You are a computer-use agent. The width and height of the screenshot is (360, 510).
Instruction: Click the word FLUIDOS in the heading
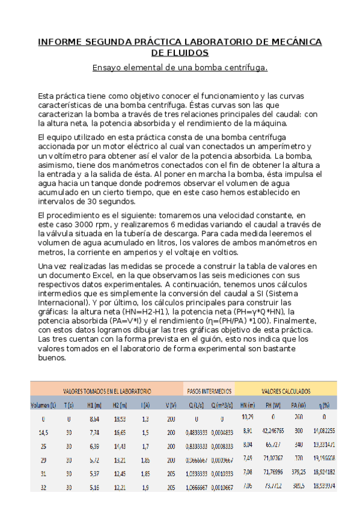pyautogui.click(x=180, y=53)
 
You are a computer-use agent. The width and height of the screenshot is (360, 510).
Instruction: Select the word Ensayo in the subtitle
pyautogui.click(x=107, y=67)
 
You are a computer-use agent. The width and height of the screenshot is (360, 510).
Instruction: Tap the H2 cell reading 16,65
pyautogui.click(x=120, y=432)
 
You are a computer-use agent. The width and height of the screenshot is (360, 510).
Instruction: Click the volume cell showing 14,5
pyautogui.click(x=43, y=432)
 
